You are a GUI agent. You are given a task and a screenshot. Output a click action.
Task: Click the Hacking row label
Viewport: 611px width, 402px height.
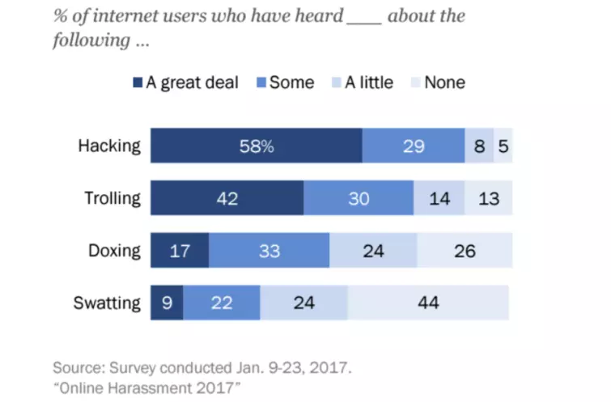coord(109,146)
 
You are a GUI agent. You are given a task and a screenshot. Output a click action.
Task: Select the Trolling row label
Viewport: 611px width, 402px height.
coord(112,198)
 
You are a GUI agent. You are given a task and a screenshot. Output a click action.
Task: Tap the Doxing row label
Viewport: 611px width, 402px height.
coord(115,251)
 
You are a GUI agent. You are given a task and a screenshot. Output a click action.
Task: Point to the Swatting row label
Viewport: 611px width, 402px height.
coord(108,303)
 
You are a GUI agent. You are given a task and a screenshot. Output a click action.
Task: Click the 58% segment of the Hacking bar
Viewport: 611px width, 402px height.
coord(256,146)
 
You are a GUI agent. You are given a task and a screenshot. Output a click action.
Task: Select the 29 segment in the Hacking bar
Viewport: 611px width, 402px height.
coord(413,146)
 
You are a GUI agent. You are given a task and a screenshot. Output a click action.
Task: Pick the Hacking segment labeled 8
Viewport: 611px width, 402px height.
coord(479,146)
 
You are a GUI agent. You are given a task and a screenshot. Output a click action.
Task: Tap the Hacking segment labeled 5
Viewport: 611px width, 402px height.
coord(503,146)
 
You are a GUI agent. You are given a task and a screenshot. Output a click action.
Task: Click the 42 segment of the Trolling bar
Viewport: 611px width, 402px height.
coord(227,198)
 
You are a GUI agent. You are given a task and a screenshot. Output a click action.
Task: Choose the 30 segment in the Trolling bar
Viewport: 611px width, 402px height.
coord(359,198)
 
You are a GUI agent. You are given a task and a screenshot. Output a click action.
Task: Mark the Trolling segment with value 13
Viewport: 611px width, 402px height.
coord(488,198)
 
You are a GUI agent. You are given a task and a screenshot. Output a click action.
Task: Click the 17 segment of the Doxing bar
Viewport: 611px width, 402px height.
coord(179,251)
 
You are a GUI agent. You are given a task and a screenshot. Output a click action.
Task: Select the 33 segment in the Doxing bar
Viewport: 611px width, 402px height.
coord(269,251)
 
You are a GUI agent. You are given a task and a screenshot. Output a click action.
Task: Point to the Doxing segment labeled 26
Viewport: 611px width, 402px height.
coord(465,251)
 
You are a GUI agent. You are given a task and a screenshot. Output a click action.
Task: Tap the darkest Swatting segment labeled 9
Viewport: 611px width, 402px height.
coord(166,303)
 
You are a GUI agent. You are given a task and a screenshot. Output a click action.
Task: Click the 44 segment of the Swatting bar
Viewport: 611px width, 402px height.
coord(429,303)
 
